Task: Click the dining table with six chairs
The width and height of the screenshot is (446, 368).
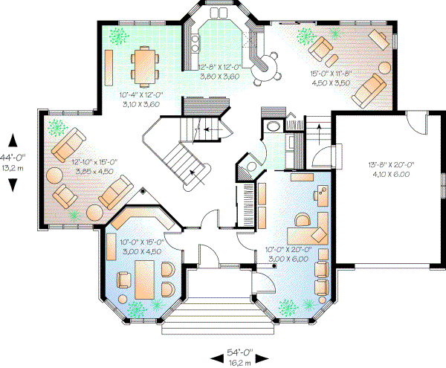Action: (x=144, y=65)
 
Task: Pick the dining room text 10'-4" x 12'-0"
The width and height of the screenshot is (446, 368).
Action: (x=139, y=100)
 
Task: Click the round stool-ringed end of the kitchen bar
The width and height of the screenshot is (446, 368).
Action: (x=265, y=70)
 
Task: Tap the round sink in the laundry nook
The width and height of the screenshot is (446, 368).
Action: (x=273, y=126)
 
